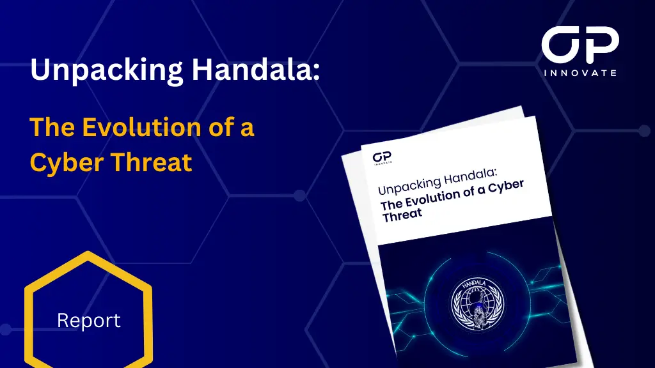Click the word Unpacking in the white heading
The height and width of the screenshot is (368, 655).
point(107,70)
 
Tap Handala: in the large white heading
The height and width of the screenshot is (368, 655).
point(256,69)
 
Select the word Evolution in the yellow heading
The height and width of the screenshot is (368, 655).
point(141,127)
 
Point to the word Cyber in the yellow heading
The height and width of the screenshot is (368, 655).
point(67,163)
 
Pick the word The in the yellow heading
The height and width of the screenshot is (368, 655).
point(52,127)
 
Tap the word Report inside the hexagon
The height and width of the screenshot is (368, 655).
point(88,321)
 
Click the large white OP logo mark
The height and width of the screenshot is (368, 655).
point(580,44)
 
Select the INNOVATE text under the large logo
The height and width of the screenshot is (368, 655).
point(580,73)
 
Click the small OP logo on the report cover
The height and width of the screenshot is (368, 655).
point(382,158)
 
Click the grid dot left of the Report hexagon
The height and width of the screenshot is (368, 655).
point(5,329)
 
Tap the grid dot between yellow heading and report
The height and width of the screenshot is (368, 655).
point(299,195)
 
